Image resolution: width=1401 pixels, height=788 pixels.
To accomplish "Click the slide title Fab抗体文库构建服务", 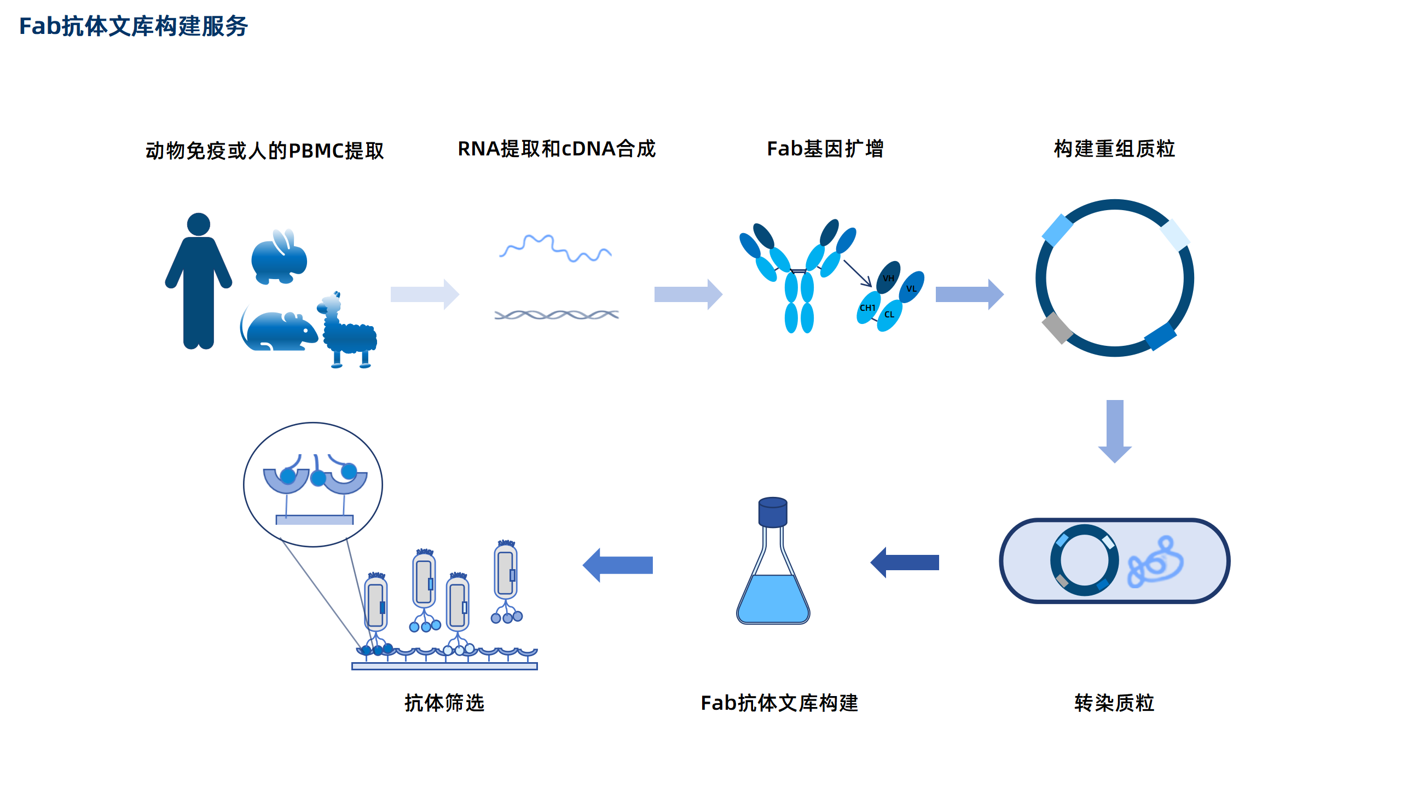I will (x=133, y=26).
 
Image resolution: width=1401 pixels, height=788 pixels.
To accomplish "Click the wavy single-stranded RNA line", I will (x=555, y=249).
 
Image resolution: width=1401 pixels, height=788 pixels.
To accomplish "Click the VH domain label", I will (x=888, y=278).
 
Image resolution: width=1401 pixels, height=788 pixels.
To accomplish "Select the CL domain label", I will (x=889, y=315).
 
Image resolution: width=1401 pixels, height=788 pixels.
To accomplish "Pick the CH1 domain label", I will (x=867, y=308).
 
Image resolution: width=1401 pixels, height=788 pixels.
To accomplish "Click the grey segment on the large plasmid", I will (x=1057, y=328).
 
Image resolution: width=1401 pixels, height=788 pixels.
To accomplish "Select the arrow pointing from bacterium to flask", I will (x=905, y=563).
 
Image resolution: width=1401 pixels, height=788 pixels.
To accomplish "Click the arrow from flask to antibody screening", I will (x=618, y=565).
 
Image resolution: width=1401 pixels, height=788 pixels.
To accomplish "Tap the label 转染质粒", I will (x=1114, y=703).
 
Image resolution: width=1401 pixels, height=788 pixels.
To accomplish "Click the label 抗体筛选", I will (x=444, y=703).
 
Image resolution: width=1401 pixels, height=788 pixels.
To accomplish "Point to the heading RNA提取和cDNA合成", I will (x=557, y=149).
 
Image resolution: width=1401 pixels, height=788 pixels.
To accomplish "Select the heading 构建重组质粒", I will (x=1114, y=149).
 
